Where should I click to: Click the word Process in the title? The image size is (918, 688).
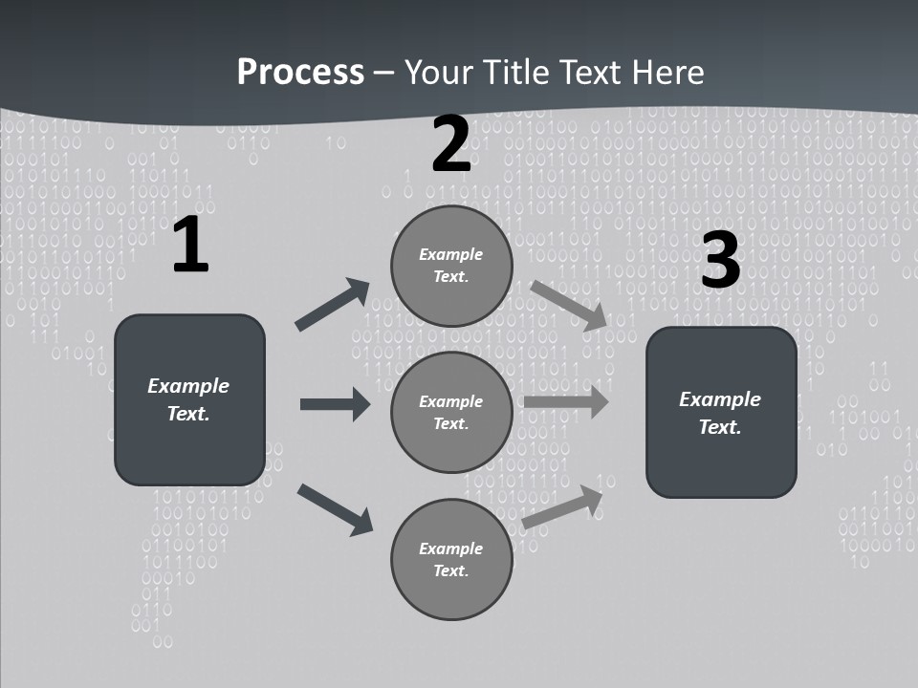click(x=300, y=73)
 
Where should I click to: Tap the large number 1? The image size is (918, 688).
click(x=190, y=246)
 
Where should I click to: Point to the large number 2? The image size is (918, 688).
click(x=451, y=145)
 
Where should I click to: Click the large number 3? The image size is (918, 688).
click(x=720, y=261)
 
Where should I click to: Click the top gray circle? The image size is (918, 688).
click(x=451, y=266)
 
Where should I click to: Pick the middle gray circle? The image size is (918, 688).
click(x=451, y=412)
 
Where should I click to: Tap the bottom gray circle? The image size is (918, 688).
click(x=451, y=559)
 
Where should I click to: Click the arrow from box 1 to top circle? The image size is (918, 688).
click(x=332, y=305)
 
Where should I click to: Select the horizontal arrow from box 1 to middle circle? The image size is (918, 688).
click(x=335, y=404)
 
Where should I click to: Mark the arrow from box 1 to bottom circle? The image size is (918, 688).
click(x=335, y=508)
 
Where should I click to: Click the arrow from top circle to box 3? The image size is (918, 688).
click(x=568, y=306)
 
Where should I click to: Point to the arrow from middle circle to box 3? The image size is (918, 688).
click(x=565, y=401)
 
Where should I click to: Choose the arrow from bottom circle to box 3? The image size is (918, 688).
click(x=562, y=507)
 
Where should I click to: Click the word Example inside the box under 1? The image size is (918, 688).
click(x=188, y=386)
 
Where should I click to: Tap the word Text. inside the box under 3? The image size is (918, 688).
click(x=720, y=427)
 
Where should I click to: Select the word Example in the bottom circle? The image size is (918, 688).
click(x=450, y=548)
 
